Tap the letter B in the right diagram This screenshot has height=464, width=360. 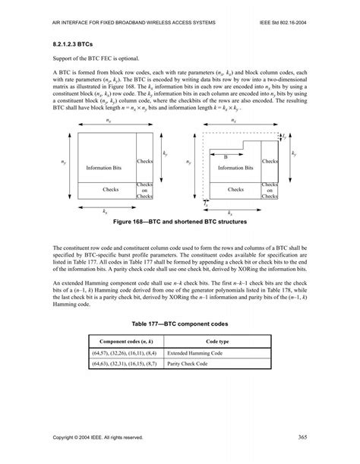point(225,156)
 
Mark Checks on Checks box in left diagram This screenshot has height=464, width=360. point(145,190)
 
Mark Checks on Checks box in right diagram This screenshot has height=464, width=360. point(270,190)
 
